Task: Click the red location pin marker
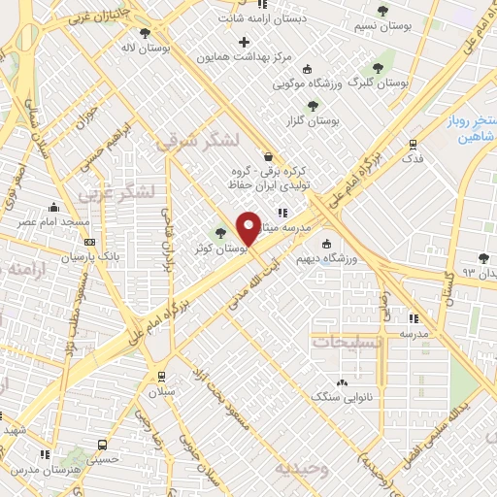coord(248,227)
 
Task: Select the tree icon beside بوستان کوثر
coord(220,233)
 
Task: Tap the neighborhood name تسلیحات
coord(347,343)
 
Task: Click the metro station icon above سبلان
coord(160,376)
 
